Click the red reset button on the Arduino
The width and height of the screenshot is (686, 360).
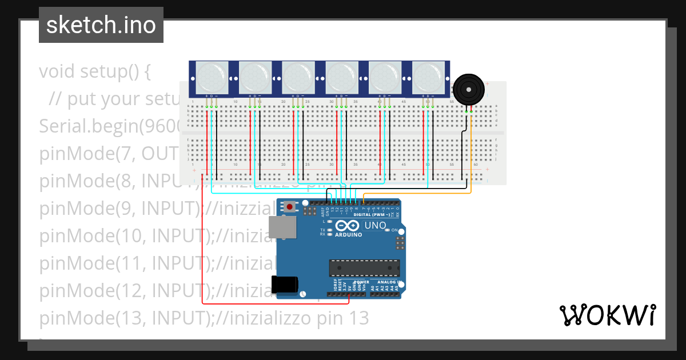pos(290,207)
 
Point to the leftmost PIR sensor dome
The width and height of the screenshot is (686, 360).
pos(211,76)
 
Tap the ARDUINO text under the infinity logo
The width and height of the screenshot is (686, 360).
pos(349,235)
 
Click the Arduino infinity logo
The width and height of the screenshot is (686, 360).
pos(349,226)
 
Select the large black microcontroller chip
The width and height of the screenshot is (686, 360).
pos(364,267)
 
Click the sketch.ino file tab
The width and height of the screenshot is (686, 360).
pos(101,25)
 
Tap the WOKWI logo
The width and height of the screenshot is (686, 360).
pos(607,315)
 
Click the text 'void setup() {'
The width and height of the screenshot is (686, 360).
pos(95,72)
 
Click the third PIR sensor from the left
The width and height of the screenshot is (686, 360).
pos(297,76)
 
